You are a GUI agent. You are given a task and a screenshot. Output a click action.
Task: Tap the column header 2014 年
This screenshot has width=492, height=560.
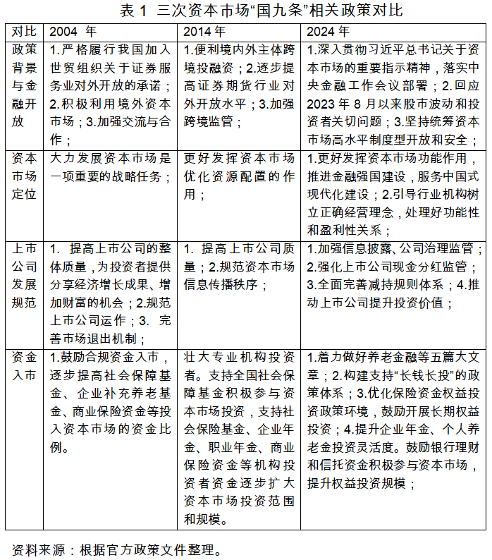[204, 32]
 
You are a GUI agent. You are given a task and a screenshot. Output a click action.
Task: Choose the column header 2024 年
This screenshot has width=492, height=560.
[328, 32]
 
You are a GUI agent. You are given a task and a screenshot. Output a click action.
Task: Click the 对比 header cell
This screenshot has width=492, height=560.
[25, 32]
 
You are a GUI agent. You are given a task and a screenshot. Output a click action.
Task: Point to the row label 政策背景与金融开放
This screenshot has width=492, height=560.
[25, 85]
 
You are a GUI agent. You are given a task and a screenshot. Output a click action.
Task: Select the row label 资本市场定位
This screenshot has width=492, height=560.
[25, 176]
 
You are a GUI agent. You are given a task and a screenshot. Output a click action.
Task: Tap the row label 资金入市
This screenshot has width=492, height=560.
[25, 366]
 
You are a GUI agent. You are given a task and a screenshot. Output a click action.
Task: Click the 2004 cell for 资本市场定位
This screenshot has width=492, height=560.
[111, 166]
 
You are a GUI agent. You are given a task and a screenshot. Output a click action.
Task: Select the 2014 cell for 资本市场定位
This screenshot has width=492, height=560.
[239, 176]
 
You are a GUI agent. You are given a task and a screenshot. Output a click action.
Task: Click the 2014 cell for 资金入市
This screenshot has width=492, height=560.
[239, 438]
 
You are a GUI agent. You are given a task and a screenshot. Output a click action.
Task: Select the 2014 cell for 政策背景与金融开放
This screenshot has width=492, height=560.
[239, 85]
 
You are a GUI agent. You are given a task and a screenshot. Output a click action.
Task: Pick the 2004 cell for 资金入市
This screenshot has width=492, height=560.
[111, 402]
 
